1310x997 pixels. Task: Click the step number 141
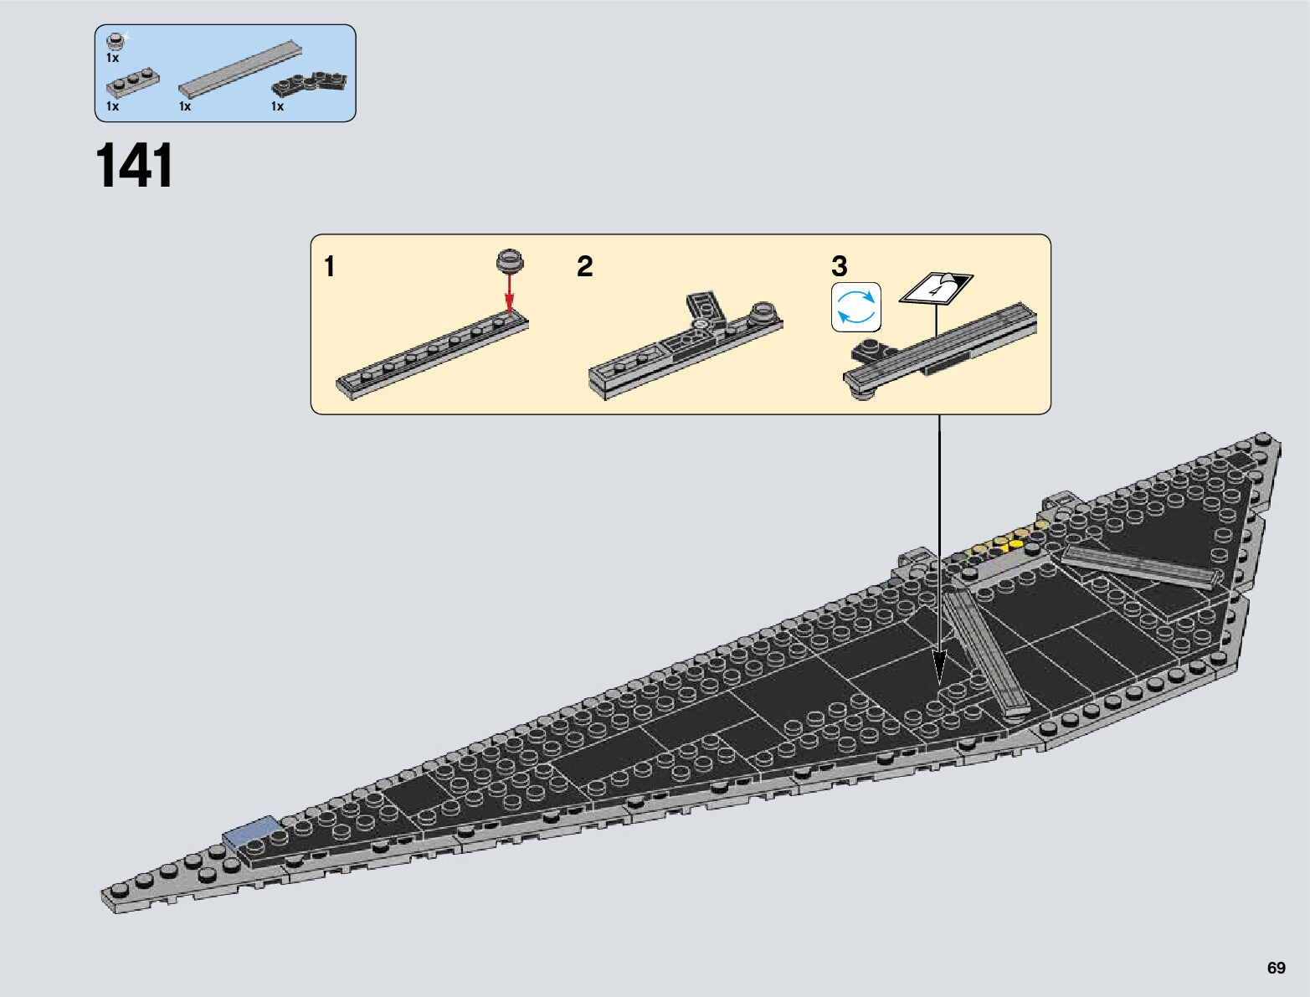click(x=135, y=166)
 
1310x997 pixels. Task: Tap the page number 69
click(x=1276, y=968)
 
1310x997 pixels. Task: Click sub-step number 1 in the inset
click(x=330, y=267)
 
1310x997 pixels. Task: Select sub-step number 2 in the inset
click(x=584, y=267)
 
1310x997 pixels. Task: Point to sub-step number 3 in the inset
click(x=839, y=267)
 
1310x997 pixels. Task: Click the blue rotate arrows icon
click(x=856, y=307)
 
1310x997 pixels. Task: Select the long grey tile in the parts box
click(x=239, y=69)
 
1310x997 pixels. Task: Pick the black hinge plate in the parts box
click(x=310, y=85)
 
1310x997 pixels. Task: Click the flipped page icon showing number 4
click(x=936, y=289)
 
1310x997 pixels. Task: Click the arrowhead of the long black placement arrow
click(x=939, y=670)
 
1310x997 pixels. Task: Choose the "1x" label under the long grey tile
click(x=185, y=106)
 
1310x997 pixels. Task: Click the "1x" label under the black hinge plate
click(x=277, y=106)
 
